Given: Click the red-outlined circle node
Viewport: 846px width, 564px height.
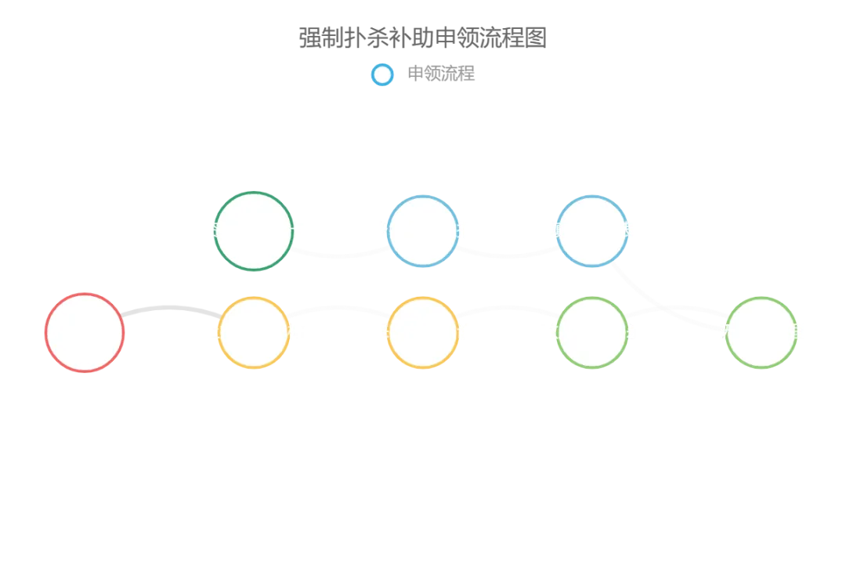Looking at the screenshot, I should coord(85,332).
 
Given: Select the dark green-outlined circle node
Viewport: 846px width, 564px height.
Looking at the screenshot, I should coord(253,231).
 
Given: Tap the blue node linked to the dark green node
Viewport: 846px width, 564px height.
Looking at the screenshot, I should coord(423,231).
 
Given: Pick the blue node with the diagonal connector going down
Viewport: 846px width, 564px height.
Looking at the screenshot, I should coord(592,231).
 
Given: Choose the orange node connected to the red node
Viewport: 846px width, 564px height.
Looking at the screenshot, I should coord(254,332).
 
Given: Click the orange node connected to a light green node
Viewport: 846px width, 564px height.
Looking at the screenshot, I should coord(423,332).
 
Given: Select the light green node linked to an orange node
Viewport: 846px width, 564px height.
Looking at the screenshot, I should coord(592,332).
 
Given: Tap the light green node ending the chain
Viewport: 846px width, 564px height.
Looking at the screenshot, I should coord(761,332).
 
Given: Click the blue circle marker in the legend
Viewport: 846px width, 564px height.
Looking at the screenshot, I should coord(382,74).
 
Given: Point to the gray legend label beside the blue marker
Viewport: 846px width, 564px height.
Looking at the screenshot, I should coord(441,74).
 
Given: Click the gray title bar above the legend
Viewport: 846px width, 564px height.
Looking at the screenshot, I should coord(423,38).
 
